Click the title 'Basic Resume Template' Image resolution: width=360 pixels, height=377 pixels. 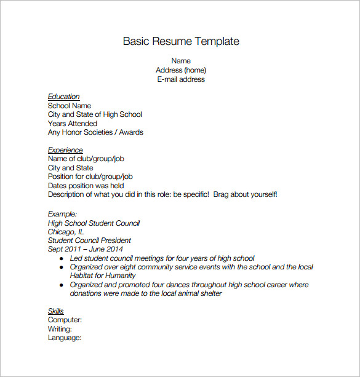181,42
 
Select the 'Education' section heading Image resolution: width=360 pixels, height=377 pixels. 64,97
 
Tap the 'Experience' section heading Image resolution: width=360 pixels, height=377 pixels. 65,150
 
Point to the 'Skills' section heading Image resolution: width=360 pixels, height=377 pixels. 56,311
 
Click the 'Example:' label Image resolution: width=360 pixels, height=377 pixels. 62,214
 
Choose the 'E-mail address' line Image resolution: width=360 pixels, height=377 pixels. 181,79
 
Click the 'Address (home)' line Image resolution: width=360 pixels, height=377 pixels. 181,70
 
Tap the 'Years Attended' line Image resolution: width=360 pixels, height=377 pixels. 73,124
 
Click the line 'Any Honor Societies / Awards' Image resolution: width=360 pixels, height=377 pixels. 95,132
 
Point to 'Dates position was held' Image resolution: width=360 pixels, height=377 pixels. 86,186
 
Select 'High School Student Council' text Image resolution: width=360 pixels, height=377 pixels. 94,223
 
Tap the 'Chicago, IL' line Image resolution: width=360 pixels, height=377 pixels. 66,232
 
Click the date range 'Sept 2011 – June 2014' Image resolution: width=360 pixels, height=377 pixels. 85,249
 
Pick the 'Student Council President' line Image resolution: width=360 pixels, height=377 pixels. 89,240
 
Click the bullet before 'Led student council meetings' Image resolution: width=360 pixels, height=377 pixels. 61,259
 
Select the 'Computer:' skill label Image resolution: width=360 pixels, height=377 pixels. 65,320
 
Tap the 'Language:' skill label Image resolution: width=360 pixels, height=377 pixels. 65,338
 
